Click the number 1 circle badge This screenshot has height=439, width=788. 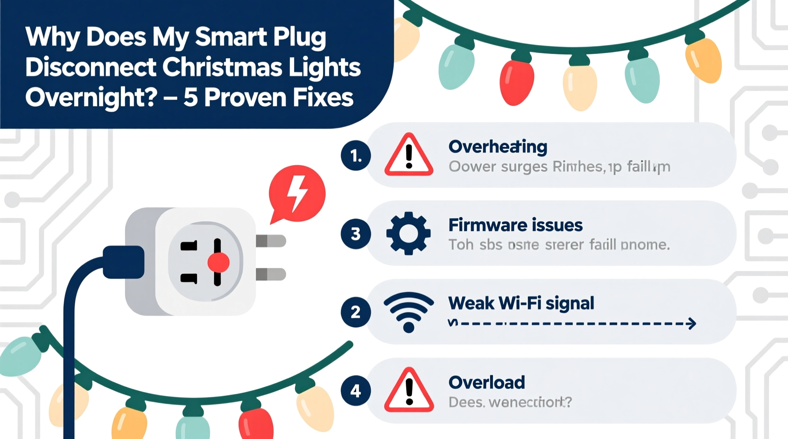click(356, 156)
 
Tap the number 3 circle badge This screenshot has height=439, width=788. click(356, 234)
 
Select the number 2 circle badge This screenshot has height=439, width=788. click(356, 312)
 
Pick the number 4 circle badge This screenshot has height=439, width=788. click(356, 391)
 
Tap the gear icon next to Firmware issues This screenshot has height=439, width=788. click(408, 233)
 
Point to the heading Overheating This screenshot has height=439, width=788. click(498, 147)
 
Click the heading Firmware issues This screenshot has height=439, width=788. click(515, 225)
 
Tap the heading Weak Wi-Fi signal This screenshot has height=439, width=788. click(521, 303)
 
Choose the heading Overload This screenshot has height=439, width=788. click(486, 382)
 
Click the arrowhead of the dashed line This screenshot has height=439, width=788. click(692, 324)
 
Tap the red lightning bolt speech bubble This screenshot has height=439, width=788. click(297, 193)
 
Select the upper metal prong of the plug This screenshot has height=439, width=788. click(271, 241)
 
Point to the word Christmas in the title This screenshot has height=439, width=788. click(223, 67)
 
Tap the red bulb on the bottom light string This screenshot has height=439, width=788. click(256, 422)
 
